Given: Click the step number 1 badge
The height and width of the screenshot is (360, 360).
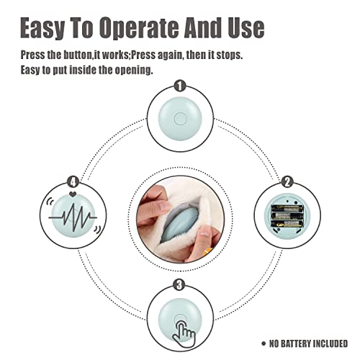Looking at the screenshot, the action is (180, 86).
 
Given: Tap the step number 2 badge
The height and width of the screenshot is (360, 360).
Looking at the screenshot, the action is (287, 182).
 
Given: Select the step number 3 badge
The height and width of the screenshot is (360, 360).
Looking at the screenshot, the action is (179, 285).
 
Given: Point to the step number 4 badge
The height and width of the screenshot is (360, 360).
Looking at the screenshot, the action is (73, 182).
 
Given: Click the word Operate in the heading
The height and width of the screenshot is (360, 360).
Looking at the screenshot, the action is (140, 28).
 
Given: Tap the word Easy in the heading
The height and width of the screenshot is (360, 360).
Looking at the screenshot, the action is (42, 28).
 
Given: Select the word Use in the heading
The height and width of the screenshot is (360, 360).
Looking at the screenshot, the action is (246, 27).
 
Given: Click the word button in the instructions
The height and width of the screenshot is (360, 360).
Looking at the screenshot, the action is (78, 55).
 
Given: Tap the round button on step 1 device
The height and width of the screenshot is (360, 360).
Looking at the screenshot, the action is (180, 119).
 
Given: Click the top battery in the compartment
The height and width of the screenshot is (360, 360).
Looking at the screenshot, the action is (287, 208).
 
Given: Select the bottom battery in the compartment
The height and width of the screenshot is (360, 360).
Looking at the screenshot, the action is (287, 225).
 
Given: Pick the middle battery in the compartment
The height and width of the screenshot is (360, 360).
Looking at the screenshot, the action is (287, 216).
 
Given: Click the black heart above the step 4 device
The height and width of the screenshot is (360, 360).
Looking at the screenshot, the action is (73, 194).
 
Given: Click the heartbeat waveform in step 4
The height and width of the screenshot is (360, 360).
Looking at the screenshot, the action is (73, 217).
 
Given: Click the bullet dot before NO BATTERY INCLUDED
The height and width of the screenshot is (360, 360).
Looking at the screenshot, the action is (264, 343).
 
